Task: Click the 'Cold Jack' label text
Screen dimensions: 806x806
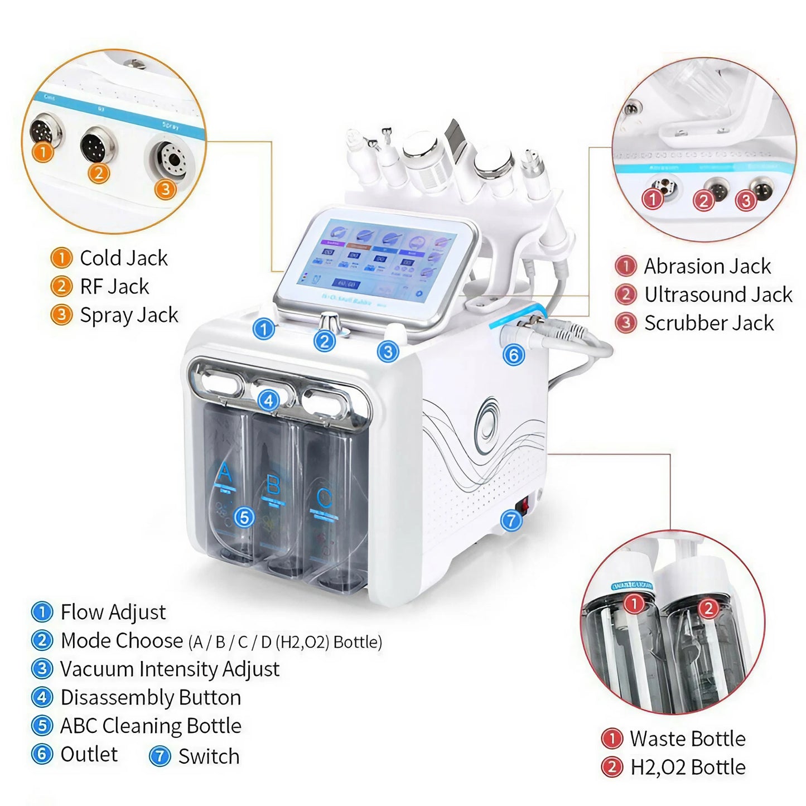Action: click(x=123, y=258)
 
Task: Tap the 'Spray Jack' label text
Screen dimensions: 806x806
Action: click(x=129, y=315)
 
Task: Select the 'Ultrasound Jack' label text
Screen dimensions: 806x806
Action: click(x=718, y=295)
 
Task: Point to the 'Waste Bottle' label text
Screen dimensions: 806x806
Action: click(x=687, y=739)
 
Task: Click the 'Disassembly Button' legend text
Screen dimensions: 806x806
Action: click(x=151, y=697)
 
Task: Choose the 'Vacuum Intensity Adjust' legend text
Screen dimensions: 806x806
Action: click(x=170, y=669)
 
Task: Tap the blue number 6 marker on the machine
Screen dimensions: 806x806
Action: click(x=514, y=355)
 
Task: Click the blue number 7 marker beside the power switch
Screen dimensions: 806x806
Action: click(x=511, y=520)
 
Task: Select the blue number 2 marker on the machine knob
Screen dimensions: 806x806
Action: click(x=325, y=341)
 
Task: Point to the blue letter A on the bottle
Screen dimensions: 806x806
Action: click(x=224, y=472)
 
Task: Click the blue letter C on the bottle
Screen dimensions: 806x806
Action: click(x=324, y=497)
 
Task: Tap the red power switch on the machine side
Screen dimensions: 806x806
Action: click(x=524, y=505)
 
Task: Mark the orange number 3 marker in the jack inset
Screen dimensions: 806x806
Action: click(x=165, y=189)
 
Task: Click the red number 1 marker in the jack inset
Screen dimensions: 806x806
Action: click(x=652, y=199)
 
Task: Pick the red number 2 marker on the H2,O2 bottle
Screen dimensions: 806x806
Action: click(x=708, y=607)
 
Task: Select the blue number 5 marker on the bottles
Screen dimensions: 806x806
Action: click(x=244, y=518)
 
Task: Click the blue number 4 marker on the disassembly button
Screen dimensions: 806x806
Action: click(x=269, y=400)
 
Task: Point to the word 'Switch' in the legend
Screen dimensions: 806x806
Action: click(x=209, y=756)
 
